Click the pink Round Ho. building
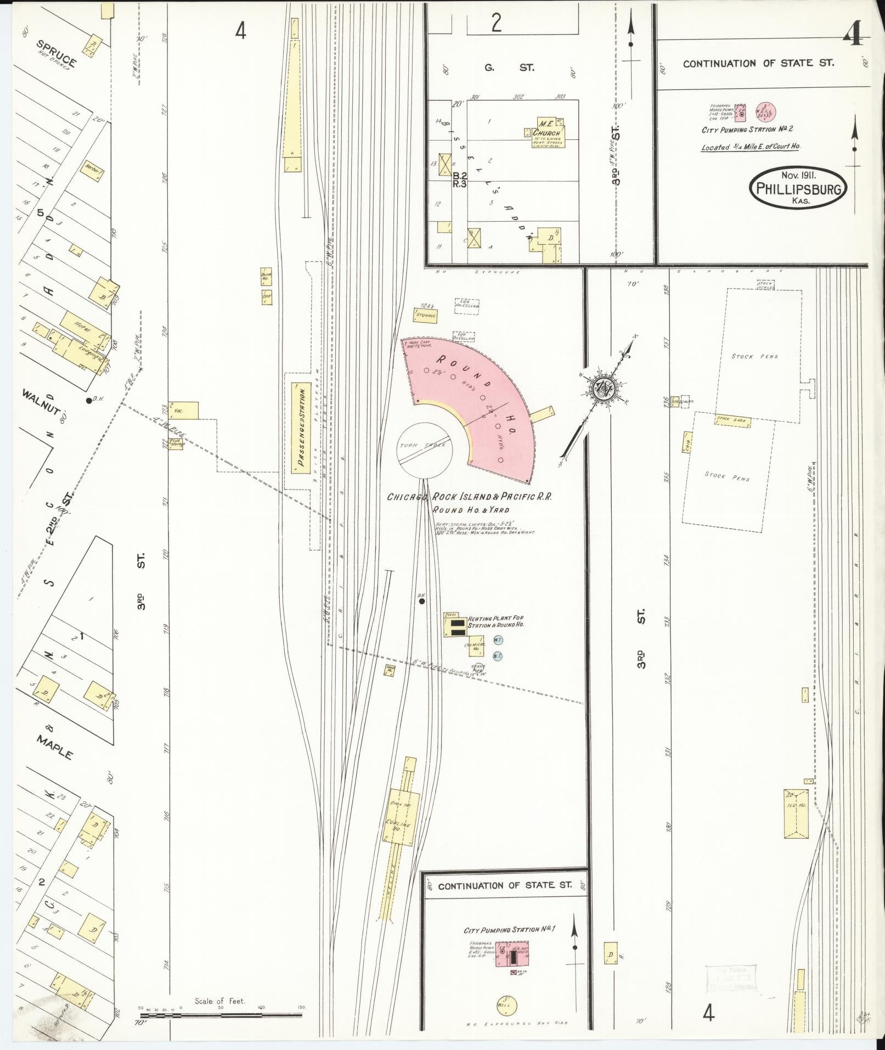point(472,395)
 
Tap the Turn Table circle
point(424,450)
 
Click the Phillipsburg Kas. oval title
point(798,188)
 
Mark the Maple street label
point(55,746)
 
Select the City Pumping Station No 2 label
point(747,130)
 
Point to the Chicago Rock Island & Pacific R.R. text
point(469,497)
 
